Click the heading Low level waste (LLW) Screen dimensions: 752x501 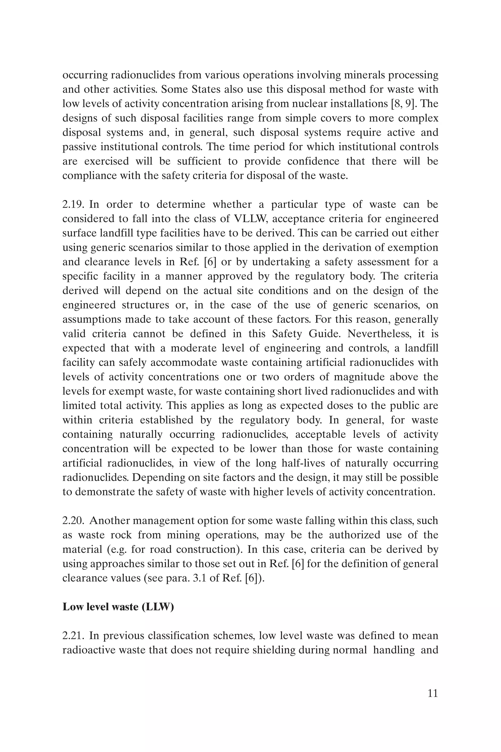coord(118,607)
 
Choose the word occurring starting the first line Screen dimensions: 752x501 coord(84,75)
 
